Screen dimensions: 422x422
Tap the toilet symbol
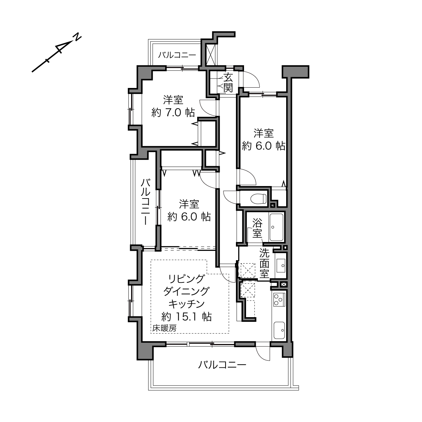[x=259, y=199]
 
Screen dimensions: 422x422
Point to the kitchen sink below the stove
[x=279, y=330]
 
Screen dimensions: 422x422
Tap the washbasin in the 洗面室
[x=281, y=266]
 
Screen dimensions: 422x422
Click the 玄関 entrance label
[x=228, y=83]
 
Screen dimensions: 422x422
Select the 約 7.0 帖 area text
[x=173, y=113]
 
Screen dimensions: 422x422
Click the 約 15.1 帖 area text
[x=187, y=316]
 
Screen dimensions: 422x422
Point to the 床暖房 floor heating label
[x=164, y=328]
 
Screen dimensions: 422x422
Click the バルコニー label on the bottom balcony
[x=222, y=365]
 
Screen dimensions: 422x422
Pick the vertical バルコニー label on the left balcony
[x=145, y=202]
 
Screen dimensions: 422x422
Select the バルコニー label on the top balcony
[x=177, y=55]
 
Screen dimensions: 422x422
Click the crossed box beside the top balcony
[x=211, y=55]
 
